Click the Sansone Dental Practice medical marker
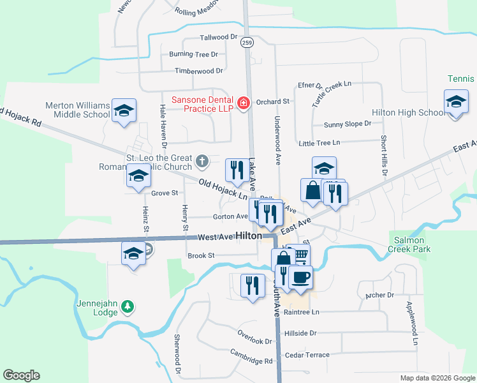[243, 103]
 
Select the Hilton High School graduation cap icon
[456, 102]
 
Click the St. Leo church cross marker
[202, 161]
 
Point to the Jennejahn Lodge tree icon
[128, 306]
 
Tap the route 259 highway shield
[247, 43]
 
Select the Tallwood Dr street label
[218, 38]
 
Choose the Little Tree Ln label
[319, 143]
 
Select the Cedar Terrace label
[307, 355]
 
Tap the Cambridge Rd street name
[251, 361]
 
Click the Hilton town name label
[249, 236]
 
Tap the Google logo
[21, 375]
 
